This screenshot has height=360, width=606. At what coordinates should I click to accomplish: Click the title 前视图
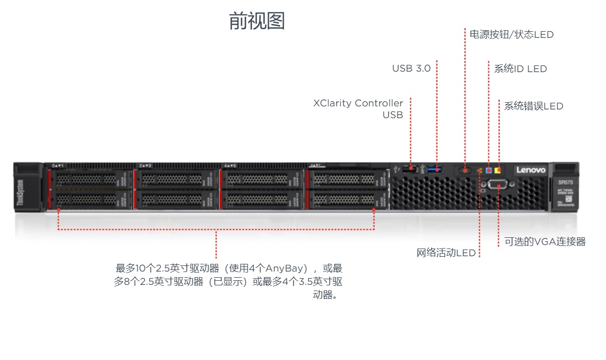tap(257, 21)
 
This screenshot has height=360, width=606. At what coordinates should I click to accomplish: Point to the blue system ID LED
tap(489, 170)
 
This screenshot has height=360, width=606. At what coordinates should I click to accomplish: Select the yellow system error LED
tap(498, 170)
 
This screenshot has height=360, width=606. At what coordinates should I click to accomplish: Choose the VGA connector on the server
tap(498, 185)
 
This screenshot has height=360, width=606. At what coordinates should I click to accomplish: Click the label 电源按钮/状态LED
tap(511, 35)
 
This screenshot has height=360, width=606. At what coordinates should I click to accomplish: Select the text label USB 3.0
tap(411, 69)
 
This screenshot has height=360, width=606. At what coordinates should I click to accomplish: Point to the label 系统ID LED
tap(520, 69)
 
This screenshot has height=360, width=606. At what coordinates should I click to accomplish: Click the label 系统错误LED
tap(533, 106)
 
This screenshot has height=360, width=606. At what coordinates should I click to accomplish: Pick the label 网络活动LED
tap(446, 253)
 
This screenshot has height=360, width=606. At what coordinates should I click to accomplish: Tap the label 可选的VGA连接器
tap(545, 242)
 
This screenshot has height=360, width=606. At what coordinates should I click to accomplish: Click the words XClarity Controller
tap(358, 103)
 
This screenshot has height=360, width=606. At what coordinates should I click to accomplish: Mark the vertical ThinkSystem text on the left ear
tap(20, 193)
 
